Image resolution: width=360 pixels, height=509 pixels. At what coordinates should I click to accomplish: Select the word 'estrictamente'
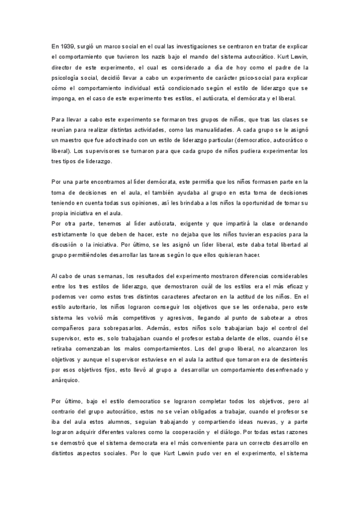pos(71,234)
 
